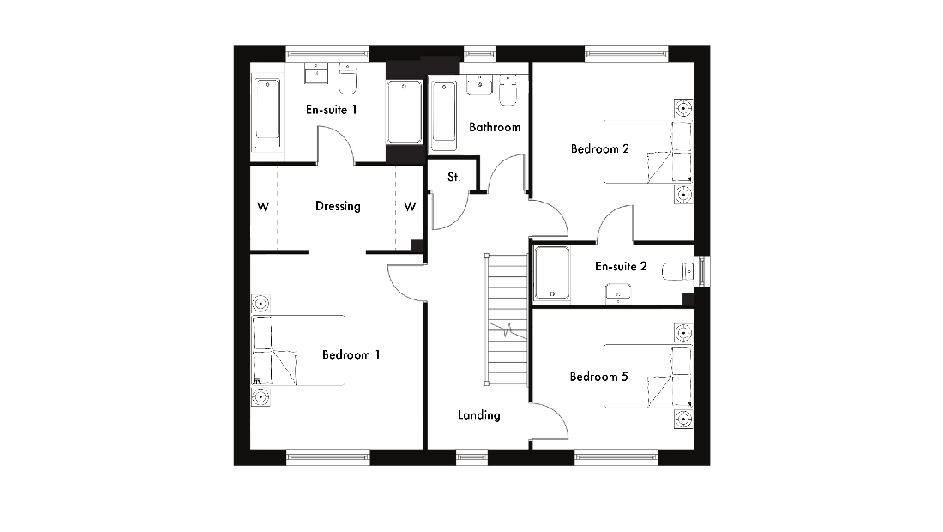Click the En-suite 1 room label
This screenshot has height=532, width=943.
(332, 110)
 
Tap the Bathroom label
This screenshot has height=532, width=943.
(495, 127)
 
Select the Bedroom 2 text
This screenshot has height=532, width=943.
(599, 148)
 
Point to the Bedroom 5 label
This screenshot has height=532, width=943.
(598, 377)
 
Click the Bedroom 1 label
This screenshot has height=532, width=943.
(351, 355)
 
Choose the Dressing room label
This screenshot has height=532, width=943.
(338, 207)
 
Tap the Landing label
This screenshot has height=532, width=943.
(479, 415)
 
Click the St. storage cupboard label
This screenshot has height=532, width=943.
(454, 177)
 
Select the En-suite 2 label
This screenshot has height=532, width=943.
(621, 266)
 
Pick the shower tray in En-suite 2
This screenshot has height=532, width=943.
(552, 273)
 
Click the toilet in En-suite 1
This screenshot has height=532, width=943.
(347, 79)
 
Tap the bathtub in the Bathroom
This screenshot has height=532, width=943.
(444, 116)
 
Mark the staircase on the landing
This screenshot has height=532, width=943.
(507, 319)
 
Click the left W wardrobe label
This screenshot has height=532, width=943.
(263, 207)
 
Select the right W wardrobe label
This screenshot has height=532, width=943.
(410, 207)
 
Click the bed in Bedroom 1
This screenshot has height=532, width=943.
(298, 350)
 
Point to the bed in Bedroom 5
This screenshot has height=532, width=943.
(648, 376)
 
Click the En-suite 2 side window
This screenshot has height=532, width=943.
(702, 271)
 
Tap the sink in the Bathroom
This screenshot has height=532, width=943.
(479, 84)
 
